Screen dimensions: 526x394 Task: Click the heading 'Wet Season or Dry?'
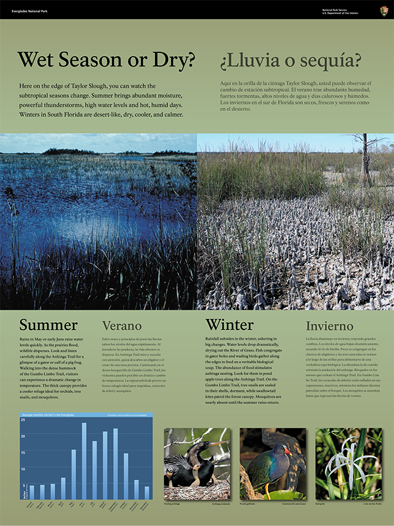tap(107, 60)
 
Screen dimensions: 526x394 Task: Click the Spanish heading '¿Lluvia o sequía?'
tap(291, 61)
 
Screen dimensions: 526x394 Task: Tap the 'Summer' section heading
tap(48, 325)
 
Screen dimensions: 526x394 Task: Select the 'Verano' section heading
tap(122, 326)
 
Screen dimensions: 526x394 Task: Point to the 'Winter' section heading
tap(229, 325)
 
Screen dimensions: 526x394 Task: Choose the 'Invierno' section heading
tap(330, 326)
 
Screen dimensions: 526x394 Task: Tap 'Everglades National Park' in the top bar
tap(30, 11)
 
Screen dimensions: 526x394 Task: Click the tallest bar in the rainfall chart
tap(84, 461)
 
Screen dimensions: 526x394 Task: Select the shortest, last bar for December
tap(147, 493)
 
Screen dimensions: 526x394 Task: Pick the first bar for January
tap(31, 492)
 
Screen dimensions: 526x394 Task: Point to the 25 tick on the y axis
tap(23, 419)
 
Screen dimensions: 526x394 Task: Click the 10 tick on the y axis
tap(23, 469)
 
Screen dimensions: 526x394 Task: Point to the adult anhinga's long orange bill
tap(215, 443)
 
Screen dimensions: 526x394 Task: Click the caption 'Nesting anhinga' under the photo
tap(173, 503)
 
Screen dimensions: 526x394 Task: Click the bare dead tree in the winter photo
tap(365, 154)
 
